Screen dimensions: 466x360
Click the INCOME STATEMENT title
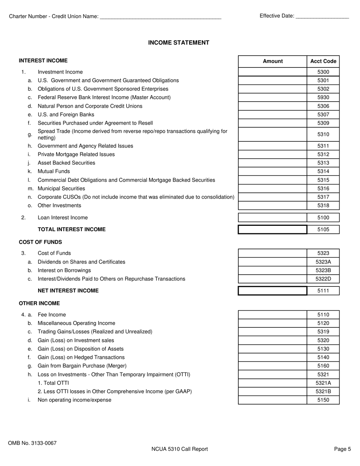pyautogui.click(x=178, y=43)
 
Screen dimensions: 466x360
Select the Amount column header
pyautogui.click(x=272, y=61)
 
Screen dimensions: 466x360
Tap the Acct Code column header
pyautogui.click(x=323, y=61)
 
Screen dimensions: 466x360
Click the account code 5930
pyautogui.click(x=323, y=97)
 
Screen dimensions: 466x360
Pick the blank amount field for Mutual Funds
pyautogui.click(x=272, y=171)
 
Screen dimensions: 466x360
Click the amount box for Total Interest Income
pyautogui.click(x=272, y=230)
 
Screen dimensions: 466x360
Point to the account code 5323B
pyautogui.click(x=323, y=271)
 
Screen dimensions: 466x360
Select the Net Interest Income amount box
pyautogui.click(x=272, y=291)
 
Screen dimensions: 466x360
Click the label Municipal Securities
pyautogui.click(x=61, y=189)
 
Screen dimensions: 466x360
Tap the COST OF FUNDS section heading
pyautogui.click(x=41, y=242)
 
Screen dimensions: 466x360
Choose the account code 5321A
pyautogui.click(x=323, y=383)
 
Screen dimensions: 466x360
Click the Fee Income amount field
pyautogui.click(x=272, y=315)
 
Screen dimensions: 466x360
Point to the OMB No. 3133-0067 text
pyautogui.click(x=32, y=443)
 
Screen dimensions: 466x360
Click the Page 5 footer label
pyautogui.click(x=343, y=449)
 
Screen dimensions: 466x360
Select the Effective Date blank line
pyautogui.click(x=322, y=16)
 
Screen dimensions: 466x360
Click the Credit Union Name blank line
pyautogui.click(x=160, y=17)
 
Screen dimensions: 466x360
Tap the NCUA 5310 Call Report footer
pyautogui.click(x=180, y=449)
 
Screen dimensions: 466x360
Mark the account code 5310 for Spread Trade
pyautogui.click(x=323, y=134)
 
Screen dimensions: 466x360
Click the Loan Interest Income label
pyautogui.click(x=63, y=218)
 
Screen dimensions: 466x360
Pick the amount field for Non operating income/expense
pyautogui.click(x=272, y=400)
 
